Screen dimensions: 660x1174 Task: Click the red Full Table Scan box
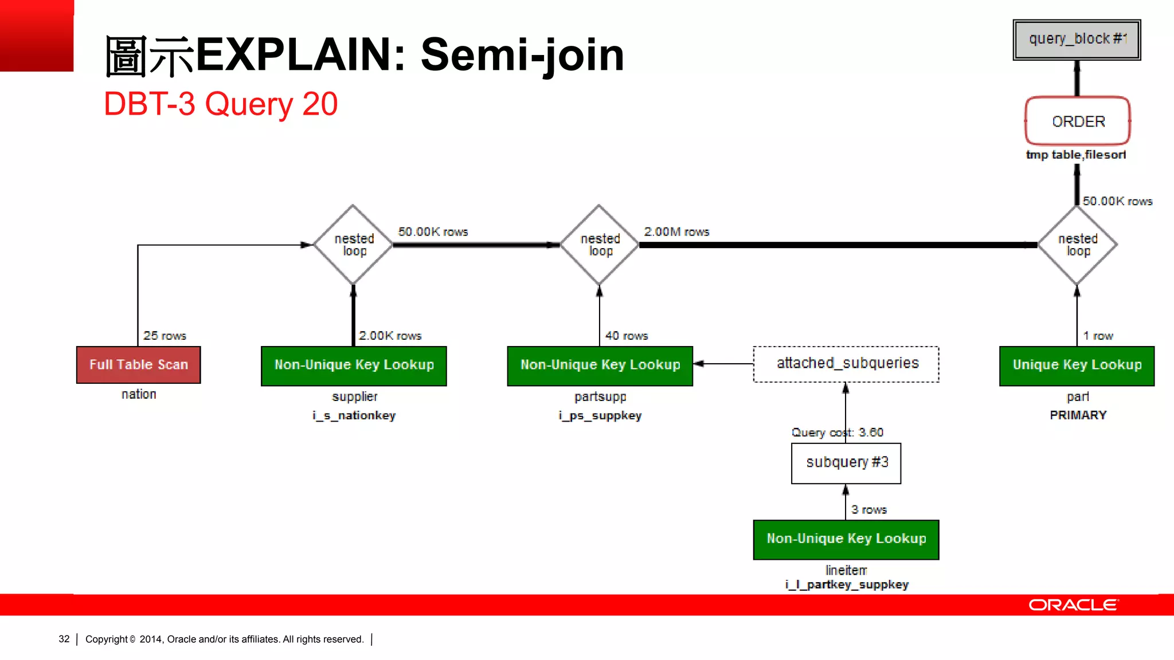click(138, 365)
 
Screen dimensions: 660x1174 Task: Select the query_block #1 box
click(1077, 40)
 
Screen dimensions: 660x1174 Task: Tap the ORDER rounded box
click(1077, 121)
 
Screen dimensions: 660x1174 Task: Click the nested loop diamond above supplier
click(354, 245)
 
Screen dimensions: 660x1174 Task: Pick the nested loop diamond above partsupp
click(600, 245)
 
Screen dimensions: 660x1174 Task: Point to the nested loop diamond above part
click(1077, 245)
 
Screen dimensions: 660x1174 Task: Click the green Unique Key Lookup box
click(1077, 366)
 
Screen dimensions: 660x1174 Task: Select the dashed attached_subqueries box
click(846, 364)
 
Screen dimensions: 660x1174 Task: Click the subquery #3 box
click(846, 463)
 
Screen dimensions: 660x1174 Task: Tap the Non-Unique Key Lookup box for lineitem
click(846, 539)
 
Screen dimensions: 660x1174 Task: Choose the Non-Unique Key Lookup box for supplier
click(354, 366)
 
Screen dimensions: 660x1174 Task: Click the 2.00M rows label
click(676, 231)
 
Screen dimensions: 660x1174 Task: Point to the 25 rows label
click(165, 336)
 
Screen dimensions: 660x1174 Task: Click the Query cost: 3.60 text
click(837, 433)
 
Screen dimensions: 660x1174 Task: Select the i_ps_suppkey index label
click(600, 415)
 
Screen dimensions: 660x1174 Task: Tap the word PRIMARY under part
click(1078, 415)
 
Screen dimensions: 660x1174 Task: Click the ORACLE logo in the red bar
click(1073, 605)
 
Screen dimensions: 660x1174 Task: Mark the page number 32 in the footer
click(64, 639)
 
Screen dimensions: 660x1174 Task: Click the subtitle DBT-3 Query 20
click(221, 104)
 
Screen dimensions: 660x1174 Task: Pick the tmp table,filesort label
click(1075, 155)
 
